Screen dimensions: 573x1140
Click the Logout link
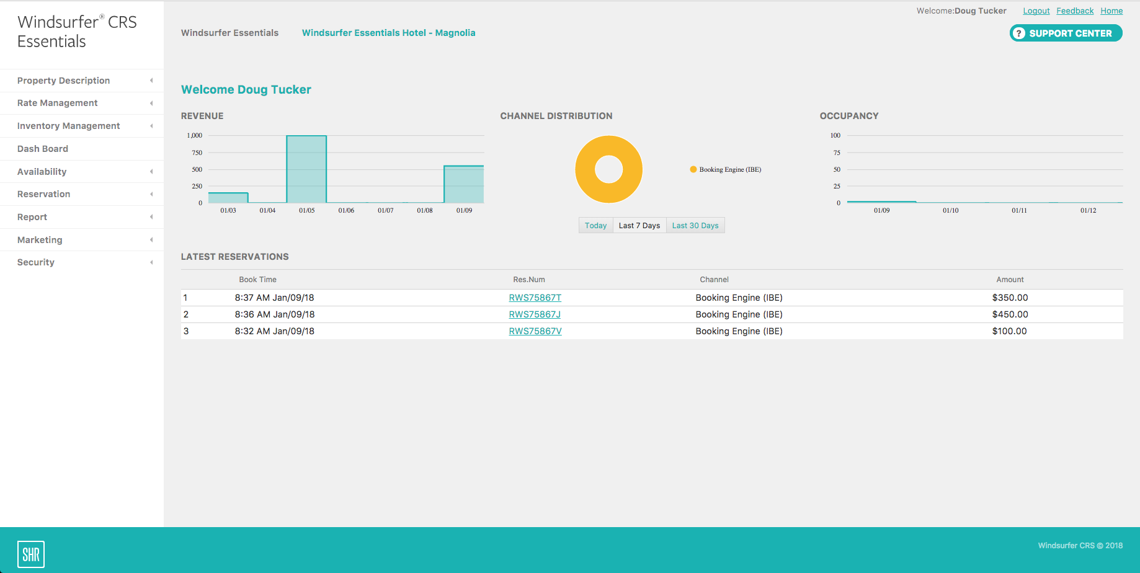(x=1036, y=11)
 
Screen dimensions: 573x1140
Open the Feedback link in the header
(x=1075, y=11)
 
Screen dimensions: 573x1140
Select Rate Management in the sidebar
(x=58, y=103)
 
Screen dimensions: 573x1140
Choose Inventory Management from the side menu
(x=69, y=126)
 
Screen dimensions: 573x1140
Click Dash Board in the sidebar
(x=43, y=149)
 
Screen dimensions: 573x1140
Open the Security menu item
(x=36, y=262)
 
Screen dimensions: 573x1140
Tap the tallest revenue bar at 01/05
(x=306, y=169)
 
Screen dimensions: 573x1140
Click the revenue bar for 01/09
(x=464, y=184)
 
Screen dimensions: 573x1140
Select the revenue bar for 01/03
(x=228, y=198)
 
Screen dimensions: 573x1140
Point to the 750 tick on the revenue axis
(x=197, y=153)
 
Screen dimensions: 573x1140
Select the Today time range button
(x=595, y=226)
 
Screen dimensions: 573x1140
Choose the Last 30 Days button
(x=695, y=226)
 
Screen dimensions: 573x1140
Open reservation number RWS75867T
(x=535, y=298)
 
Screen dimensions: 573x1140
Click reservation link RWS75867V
(x=535, y=331)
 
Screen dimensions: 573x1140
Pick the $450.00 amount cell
(x=1010, y=314)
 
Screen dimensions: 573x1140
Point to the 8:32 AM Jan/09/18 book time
(x=274, y=331)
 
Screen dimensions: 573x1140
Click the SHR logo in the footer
(x=31, y=554)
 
